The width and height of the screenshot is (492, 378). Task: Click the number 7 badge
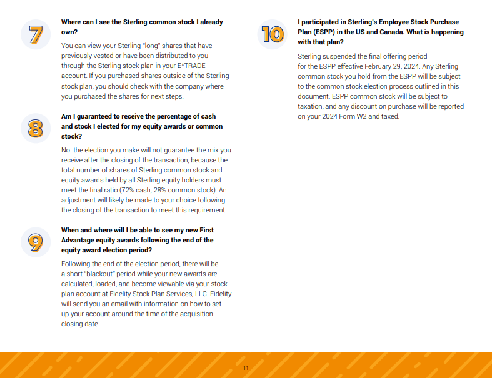click(x=36, y=34)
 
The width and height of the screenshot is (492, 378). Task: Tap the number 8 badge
click(x=36, y=128)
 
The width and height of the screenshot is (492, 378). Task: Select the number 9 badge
click(x=36, y=242)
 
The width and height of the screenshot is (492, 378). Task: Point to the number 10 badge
click(x=273, y=34)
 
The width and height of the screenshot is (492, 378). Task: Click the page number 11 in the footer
click(x=246, y=368)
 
